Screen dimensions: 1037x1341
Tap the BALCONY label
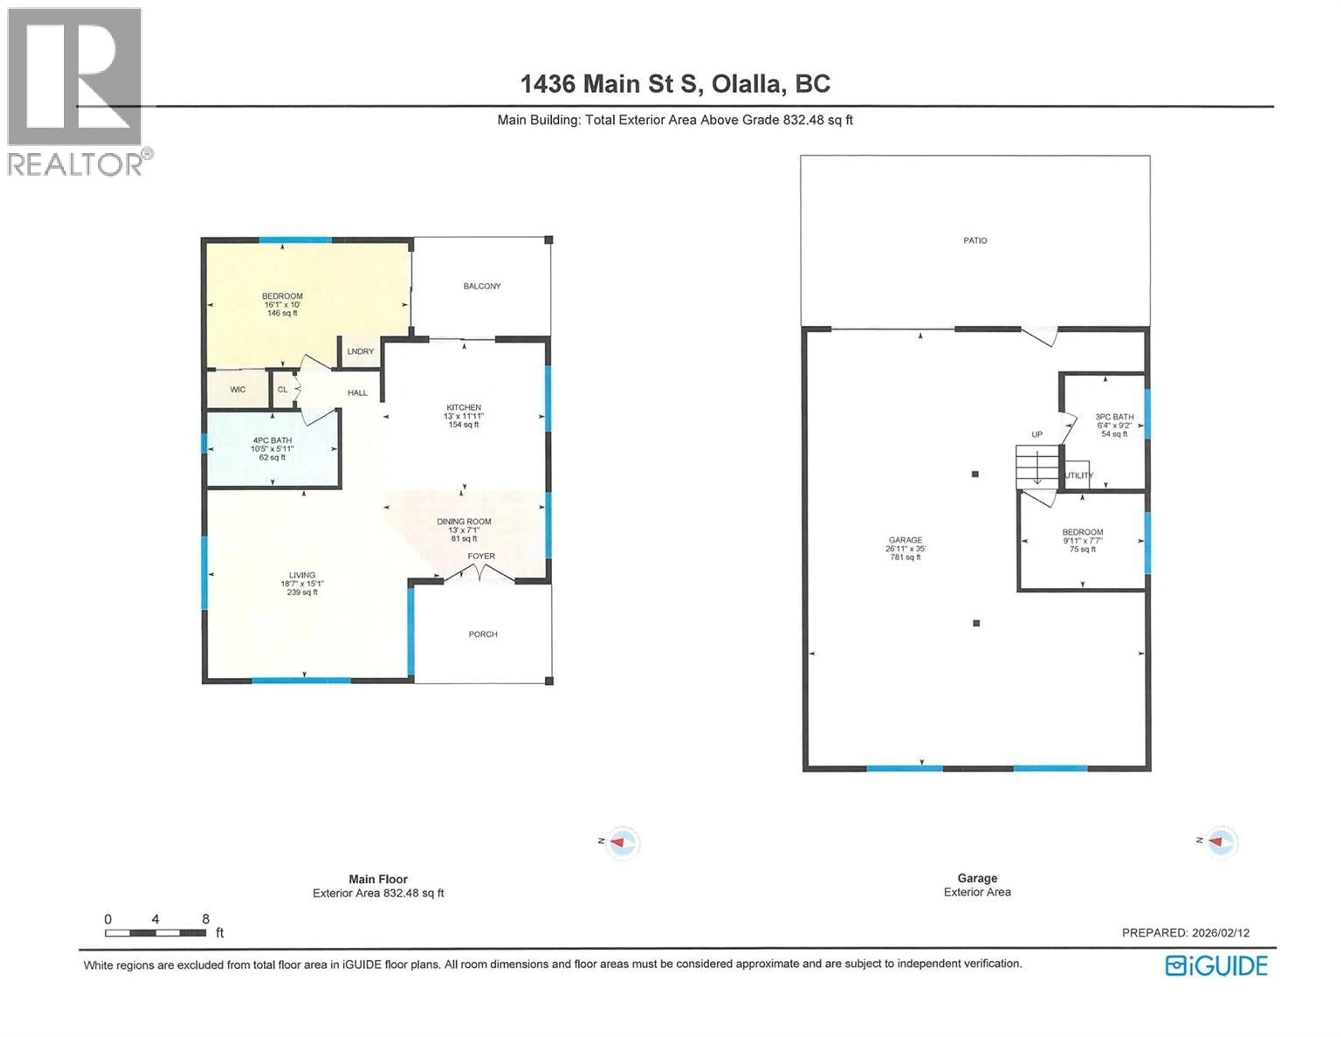coord(482,286)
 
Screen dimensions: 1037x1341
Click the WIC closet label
coord(237,390)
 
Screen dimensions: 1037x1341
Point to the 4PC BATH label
coord(272,441)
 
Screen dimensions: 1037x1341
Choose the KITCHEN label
coord(463,407)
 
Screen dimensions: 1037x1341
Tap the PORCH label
coord(483,634)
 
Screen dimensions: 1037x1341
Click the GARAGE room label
coord(905,540)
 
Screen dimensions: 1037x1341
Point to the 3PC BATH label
coord(1114,416)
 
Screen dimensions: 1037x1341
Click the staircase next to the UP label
coord(1037,467)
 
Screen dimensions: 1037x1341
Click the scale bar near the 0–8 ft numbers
coord(155,933)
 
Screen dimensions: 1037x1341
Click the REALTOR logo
coord(75,92)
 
